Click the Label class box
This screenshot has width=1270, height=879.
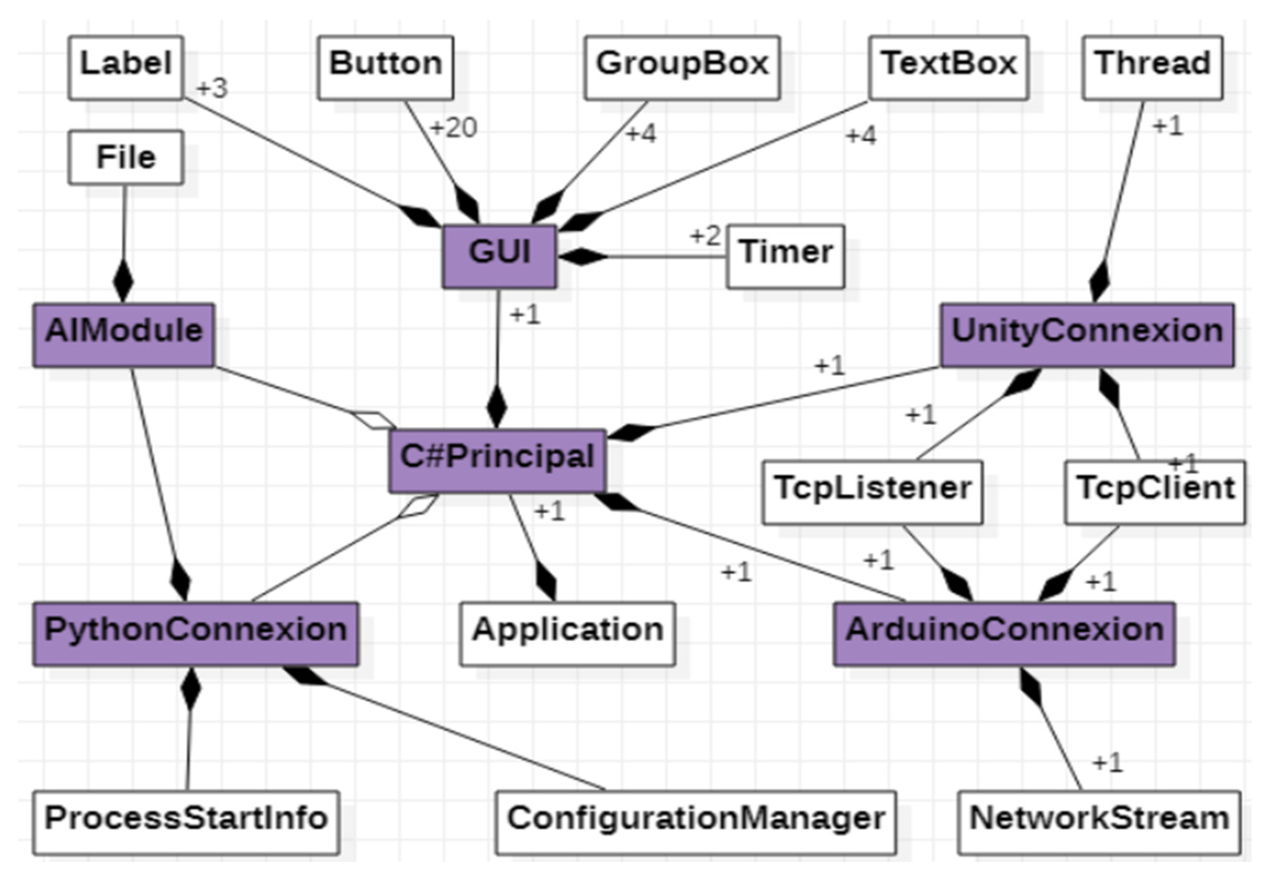(126, 68)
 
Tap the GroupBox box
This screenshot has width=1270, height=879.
(682, 68)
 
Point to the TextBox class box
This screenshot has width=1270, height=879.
(948, 68)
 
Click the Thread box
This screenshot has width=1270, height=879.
(1152, 68)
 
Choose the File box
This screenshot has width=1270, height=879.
(126, 157)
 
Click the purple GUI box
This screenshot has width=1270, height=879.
(499, 256)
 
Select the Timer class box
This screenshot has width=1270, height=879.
(785, 256)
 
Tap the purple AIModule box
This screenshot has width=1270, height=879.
(123, 335)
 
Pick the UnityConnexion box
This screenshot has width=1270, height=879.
(1086, 335)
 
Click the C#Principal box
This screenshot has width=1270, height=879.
(497, 461)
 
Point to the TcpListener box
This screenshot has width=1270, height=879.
(872, 492)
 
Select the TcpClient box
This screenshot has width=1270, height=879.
(1154, 492)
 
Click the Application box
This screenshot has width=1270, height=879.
(567, 634)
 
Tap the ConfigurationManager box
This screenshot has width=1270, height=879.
(695, 822)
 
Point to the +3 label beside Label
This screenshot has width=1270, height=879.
(212, 88)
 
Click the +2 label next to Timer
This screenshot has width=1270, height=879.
(705, 236)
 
